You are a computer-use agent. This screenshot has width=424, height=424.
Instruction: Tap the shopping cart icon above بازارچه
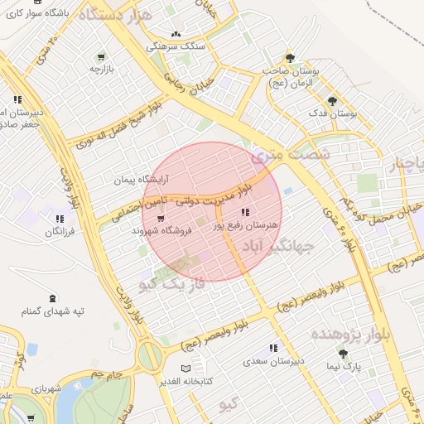point(100,57)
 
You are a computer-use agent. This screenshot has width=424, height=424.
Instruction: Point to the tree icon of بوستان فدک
point(332,101)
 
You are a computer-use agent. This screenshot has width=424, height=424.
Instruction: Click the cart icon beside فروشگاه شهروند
point(161,218)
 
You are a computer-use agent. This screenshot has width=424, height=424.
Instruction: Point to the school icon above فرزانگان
point(59,219)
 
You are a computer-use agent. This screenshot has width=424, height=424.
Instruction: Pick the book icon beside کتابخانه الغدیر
point(185,368)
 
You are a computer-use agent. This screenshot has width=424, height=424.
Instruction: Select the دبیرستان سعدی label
point(273,361)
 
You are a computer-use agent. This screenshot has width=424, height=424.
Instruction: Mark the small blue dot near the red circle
point(287,191)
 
